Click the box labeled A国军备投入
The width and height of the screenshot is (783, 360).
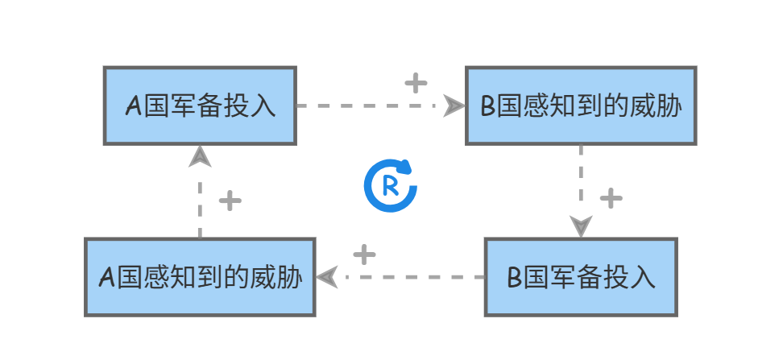(x=200, y=106)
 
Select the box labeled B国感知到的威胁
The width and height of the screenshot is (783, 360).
(x=581, y=106)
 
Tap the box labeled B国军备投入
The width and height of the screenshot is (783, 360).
(x=581, y=276)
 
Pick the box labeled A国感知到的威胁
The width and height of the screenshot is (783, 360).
(x=200, y=276)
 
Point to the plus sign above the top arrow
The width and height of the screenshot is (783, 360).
(x=415, y=82)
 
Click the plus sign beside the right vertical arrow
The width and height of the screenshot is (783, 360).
(x=611, y=197)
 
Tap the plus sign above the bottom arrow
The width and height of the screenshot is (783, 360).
(x=364, y=254)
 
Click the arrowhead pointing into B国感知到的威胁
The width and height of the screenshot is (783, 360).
(x=455, y=106)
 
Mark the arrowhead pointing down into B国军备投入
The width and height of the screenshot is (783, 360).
(x=581, y=226)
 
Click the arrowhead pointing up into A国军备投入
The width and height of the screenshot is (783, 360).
(x=200, y=156)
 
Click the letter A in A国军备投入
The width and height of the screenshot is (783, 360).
(x=133, y=106)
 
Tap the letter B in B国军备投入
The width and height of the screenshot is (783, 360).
(x=515, y=277)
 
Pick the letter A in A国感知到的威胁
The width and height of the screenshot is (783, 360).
(x=106, y=277)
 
